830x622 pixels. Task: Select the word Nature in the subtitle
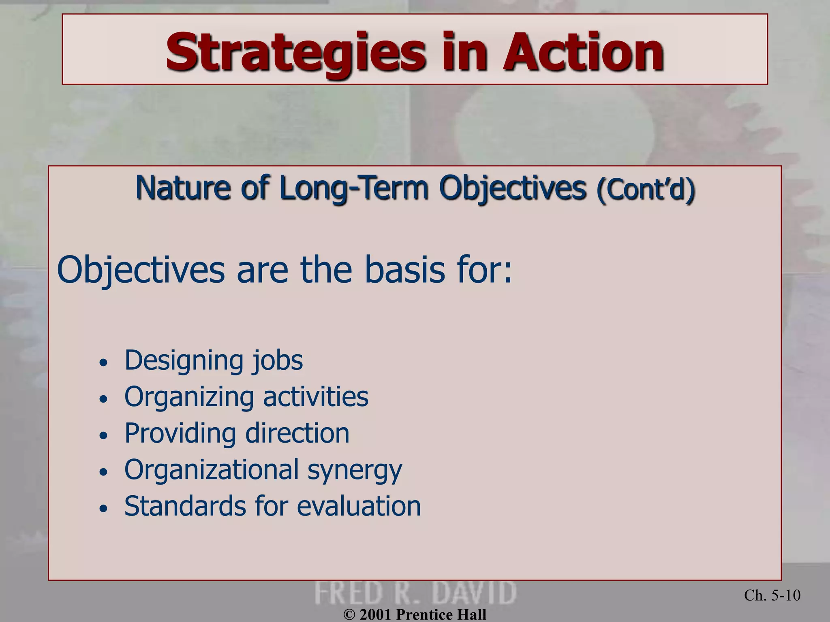coord(182,188)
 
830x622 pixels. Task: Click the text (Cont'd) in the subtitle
coord(646,189)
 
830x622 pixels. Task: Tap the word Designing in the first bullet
coord(182,360)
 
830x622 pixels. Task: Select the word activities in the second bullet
coord(316,396)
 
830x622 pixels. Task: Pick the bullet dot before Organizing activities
coord(104,399)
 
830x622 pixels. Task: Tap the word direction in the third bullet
coord(297,433)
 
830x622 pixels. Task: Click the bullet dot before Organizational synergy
coord(104,472)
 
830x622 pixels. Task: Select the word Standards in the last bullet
coord(185,506)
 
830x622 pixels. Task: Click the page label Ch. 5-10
coord(772,595)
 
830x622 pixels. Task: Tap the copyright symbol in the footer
coord(349,615)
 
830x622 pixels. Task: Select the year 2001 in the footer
coord(375,615)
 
